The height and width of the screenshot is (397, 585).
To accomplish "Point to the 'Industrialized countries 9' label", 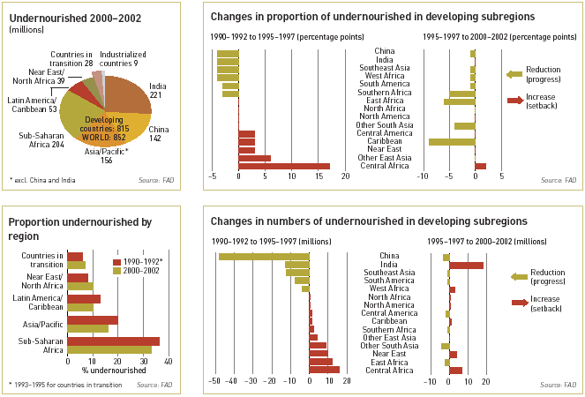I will [124, 59].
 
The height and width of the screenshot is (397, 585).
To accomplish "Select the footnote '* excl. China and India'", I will [43, 179].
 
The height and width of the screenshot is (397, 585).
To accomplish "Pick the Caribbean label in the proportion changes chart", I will [386, 141].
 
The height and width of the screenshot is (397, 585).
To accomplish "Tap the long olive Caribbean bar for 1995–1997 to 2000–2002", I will [452, 141].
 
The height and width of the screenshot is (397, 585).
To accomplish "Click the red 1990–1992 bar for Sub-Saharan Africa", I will [113, 341].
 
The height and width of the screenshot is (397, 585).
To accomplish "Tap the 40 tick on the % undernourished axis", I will [168, 362].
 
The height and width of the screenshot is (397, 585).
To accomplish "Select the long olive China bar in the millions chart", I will [264, 257].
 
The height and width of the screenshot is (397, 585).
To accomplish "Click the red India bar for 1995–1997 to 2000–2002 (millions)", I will [466, 266].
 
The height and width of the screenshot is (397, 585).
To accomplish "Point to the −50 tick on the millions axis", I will [213, 382].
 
